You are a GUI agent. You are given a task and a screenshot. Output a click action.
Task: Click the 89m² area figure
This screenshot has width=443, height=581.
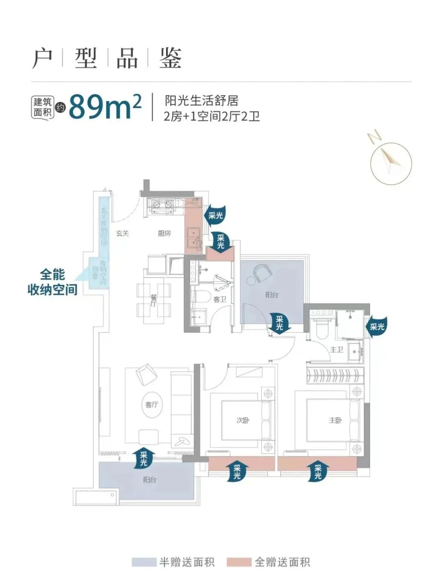pyautogui.click(x=105, y=106)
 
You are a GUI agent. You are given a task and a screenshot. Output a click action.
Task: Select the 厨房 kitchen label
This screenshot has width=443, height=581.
pyautogui.click(x=164, y=233)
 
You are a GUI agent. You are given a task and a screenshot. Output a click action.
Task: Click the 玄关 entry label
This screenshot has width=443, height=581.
pyautogui.click(x=122, y=233)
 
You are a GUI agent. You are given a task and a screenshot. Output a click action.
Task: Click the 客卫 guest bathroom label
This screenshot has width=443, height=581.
pyautogui.click(x=219, y=300)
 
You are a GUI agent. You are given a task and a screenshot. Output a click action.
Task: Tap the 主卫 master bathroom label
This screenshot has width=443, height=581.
pyautogui.click(x=336, y=350)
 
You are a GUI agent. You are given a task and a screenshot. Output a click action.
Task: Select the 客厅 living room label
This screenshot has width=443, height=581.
pyautogui.click(x=151, y=405)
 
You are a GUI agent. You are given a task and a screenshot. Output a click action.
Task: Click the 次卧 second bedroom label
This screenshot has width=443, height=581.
pyautogui.click(x=243, y=420)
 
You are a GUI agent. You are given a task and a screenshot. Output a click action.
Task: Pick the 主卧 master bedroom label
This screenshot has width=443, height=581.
pyautogui.click(x=335, y=420)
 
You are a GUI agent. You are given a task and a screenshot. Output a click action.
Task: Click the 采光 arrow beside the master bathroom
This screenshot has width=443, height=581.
pyautogui.click(x=376, y=327)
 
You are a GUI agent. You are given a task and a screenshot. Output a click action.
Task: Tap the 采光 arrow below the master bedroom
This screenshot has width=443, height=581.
pyautogui.click(x=318, y=471)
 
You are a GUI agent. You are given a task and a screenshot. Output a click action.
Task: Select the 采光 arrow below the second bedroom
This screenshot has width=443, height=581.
pyautogui.click(x=237, y=471)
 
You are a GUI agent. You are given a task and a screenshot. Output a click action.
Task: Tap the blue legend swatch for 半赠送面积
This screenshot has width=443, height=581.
pyautogui.click(x=144, y=562)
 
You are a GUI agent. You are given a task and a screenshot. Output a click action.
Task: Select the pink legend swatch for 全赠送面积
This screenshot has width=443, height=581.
pyautogui.click(x=239, y=562)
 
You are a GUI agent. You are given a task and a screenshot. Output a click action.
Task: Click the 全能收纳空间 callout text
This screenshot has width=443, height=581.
pyautogui.click(x=52, y=282)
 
